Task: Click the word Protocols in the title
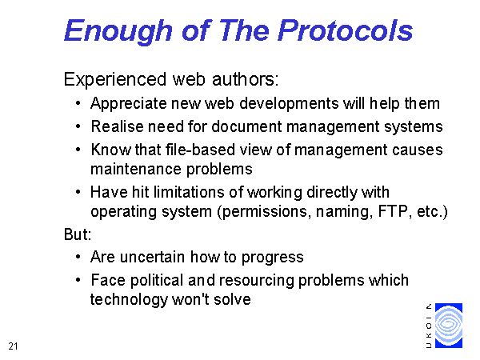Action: tap(345, 30)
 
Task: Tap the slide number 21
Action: tap(13, 346)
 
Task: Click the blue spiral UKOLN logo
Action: tap(449, 326)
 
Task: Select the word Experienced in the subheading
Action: tap(115, 79)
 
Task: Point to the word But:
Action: tap(78, 234)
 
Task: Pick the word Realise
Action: tap(118, 126)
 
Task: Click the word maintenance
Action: tap(136, 170)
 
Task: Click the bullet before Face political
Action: tap(78, 280)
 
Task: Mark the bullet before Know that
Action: tap(78, 150)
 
